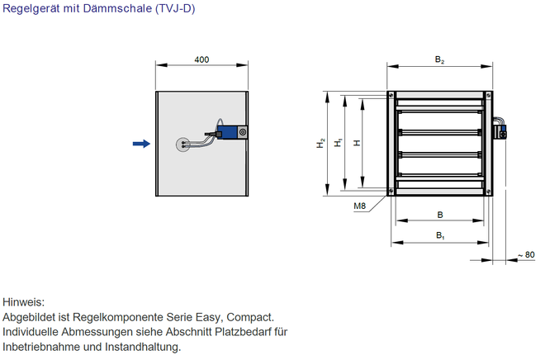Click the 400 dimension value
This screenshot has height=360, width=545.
click(201, 59)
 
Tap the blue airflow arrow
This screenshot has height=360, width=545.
click(141, 144)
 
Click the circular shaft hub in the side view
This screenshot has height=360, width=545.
click(182, 144)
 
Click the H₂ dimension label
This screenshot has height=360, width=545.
click(320, 144)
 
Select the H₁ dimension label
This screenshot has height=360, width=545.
click(338, 144)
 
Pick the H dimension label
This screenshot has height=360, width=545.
click(356, 144)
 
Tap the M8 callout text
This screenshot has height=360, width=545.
click(360, 206)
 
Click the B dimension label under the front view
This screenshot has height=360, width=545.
click(440, 215)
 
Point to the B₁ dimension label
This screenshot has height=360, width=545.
click(440, 236)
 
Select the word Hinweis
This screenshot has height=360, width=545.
click(23, 302)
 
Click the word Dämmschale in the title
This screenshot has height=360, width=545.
click(109, 10)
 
